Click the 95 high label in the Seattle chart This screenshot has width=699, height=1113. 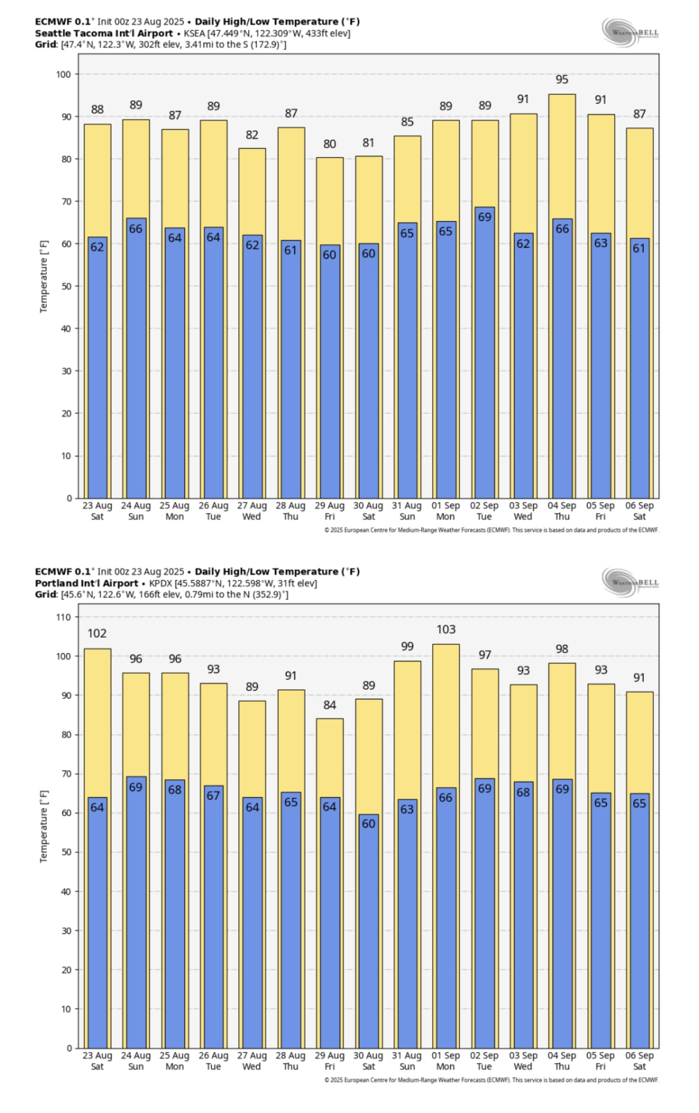[561, 79]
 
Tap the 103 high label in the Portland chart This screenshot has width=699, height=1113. [446, 629]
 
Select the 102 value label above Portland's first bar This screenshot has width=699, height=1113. [97, 634]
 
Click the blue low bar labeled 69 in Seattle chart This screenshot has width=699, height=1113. [484, 353]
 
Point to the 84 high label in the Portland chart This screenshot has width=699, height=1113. [330, 705]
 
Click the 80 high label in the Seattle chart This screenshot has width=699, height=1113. [330, 144]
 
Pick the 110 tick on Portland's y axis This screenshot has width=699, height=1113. [64, 617]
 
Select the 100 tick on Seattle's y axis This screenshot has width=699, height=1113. [64, 75]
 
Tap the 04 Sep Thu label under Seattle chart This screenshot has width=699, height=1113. [561, 511]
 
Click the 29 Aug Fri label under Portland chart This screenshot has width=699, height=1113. [330, 1061]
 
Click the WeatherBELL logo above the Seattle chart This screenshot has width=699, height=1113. [630, 32]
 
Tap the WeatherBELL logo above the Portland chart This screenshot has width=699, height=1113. [630, 582]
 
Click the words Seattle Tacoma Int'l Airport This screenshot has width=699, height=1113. [104, 33]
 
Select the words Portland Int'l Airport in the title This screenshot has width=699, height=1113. [87, 583]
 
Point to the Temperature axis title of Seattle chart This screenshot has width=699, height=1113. [43, 277]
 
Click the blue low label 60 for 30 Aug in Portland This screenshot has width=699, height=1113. [369, 824]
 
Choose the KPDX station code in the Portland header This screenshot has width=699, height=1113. [161, 583]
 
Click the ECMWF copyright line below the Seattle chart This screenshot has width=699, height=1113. [491, 530]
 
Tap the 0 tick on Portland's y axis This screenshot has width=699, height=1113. [69, 1048]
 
